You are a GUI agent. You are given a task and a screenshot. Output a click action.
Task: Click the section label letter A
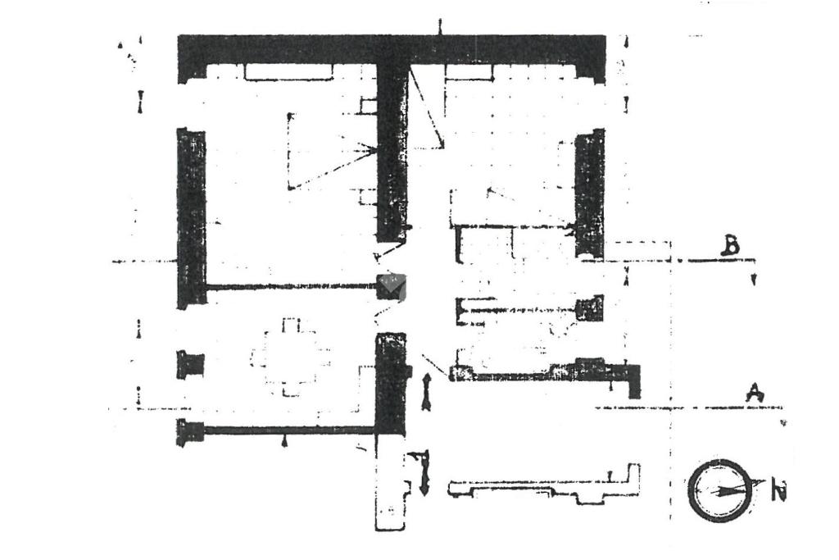755,394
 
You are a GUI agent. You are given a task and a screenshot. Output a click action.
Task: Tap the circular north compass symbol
719,490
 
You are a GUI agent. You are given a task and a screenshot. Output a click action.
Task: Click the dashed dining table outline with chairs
292,357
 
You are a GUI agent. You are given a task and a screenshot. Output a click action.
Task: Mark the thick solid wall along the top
392,51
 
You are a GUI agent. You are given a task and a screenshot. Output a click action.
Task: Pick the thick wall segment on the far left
192,217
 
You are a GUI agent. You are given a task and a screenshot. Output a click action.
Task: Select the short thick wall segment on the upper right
590,193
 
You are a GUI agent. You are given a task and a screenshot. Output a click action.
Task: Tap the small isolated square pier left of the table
190,364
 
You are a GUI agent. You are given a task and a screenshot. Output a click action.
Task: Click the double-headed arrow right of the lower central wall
426,390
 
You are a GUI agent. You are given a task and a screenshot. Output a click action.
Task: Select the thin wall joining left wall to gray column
290,287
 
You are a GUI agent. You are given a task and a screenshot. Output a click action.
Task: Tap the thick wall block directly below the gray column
391,381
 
